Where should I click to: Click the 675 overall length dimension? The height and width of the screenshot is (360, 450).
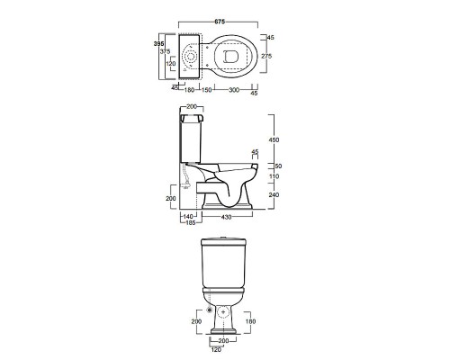pyautogui.click(x=220, y=22)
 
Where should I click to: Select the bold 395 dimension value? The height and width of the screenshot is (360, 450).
pyautogui.click(x=158, y=44)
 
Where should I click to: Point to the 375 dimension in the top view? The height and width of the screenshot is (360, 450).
pyautogui.click(x=165, y=51)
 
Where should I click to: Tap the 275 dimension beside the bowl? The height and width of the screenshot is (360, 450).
pyautogui.click(x=266, y=56)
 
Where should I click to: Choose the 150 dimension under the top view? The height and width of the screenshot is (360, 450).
pyautogui.click(x=206, y=90)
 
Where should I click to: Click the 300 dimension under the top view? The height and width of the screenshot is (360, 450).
pyautogui.click(x=234, y=90)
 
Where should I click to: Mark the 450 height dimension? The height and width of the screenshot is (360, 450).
pyautogui.click(x=274, y=139)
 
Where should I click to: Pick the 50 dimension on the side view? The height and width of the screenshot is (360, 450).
pyautogui.click(x=278, y=166)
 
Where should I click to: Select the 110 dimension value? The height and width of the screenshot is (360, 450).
pyautogui.click(x=274, y=176)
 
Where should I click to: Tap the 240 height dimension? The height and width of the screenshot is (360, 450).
pyautogui.click(x=274, y=194)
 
